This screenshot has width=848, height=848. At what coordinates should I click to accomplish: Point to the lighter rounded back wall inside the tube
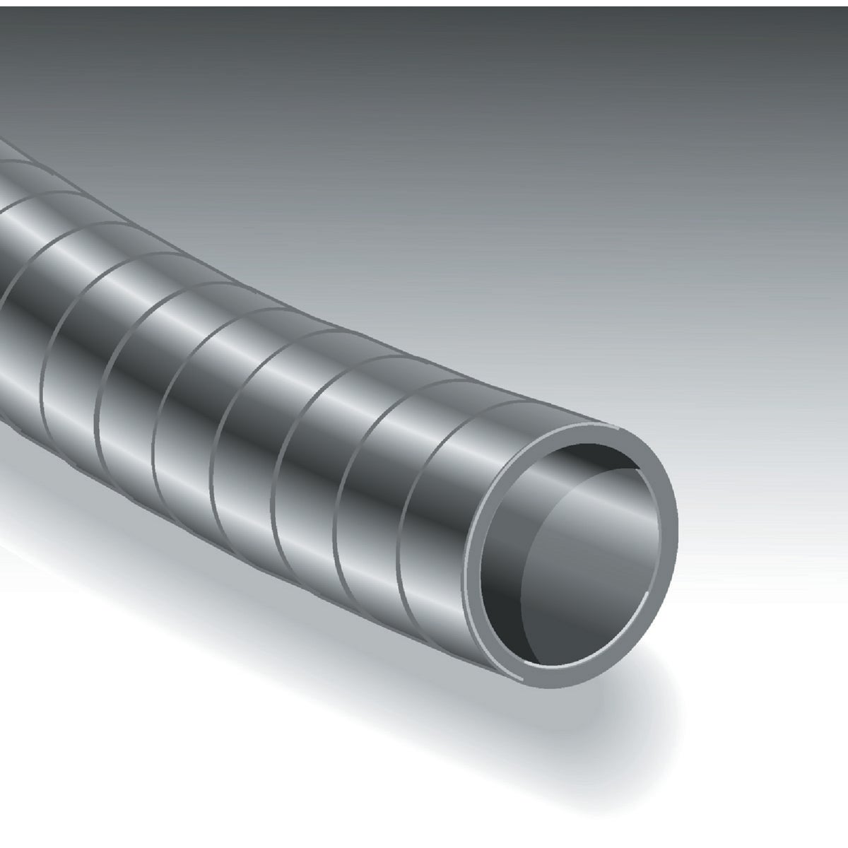click(x=601, y=558)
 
